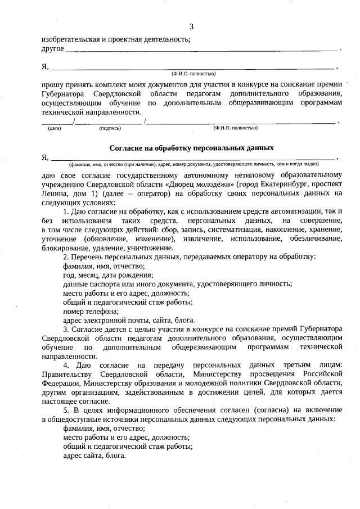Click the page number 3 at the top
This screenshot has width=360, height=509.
191,26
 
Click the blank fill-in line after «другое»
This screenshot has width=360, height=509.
202,51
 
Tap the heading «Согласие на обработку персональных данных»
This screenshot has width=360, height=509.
191,148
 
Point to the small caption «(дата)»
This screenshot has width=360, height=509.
55,128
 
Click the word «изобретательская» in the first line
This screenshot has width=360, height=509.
68,39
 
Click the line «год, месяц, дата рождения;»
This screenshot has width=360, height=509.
107,275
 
